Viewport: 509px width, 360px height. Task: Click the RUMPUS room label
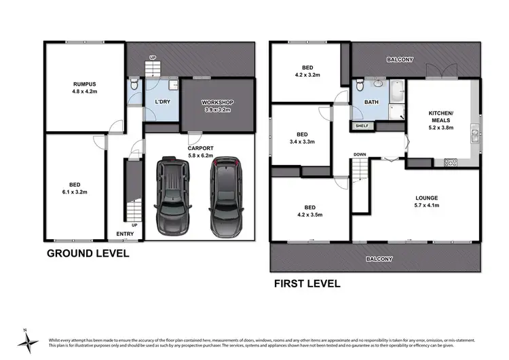tap(84, 84)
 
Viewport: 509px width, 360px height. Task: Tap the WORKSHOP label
tap(217, 102)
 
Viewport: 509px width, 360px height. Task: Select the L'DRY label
tap(162, 102)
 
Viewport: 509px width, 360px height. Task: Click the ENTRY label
tap(125, 234)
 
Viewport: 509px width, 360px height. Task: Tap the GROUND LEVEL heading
tap(87, 254)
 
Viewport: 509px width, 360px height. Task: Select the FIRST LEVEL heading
tap(307, 283)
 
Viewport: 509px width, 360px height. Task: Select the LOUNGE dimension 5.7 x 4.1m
tap(427, 204)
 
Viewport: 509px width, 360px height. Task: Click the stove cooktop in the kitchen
tap(451, 162)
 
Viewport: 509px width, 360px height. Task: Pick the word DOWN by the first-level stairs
tap(360, 155)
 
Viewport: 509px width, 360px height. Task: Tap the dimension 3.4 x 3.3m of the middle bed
tap(302, 142)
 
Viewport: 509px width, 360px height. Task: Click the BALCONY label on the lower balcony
tap(380, 259)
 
